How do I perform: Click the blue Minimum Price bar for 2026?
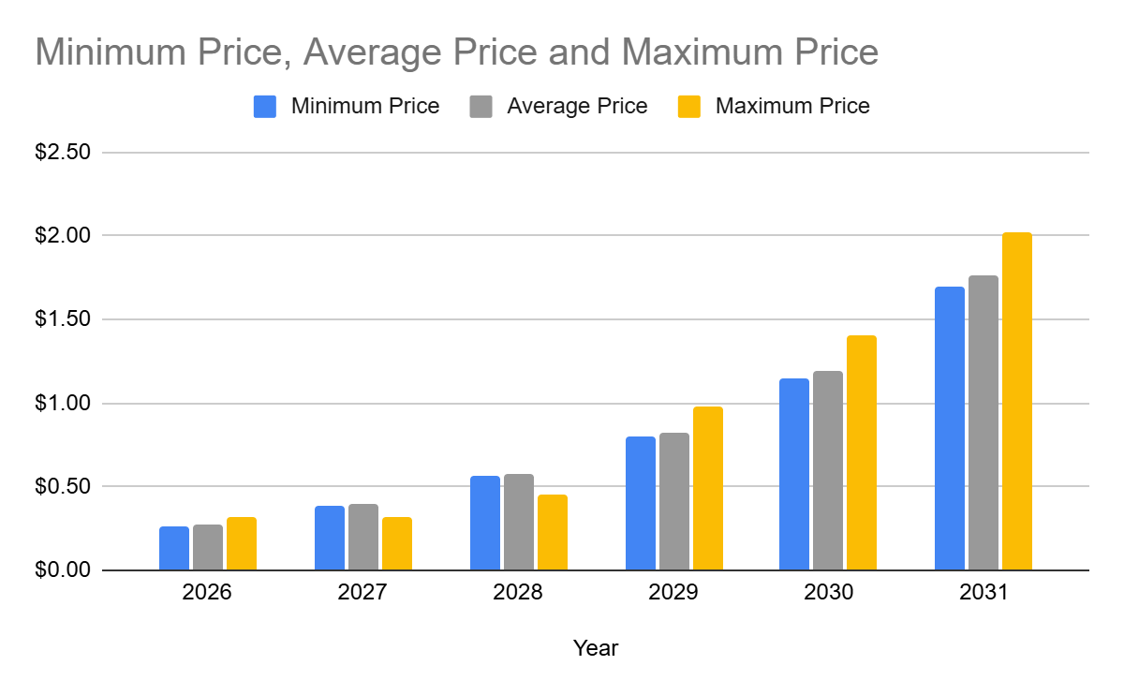coord(174,549)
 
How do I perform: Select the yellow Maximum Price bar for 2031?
coord(1016,402)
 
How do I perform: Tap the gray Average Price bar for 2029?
coord(674,502)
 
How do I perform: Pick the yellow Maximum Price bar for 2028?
coord(553,533)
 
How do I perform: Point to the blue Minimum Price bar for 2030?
coord(794,475)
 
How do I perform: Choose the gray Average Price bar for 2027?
coord(363,538)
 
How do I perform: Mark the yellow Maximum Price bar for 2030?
coord(862,453)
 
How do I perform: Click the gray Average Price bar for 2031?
coord(983,423)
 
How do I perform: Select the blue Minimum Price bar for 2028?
coord(485,524)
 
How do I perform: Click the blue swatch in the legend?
coord(265,107)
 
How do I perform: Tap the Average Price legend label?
coord(577,107)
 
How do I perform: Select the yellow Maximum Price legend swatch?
coord(689,107)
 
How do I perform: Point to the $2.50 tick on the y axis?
coord(62,152)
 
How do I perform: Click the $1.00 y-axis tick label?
coord(62,404)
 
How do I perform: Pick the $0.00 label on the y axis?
coord(62,570)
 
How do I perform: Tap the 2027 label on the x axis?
coord(363,594)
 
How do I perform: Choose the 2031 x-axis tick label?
coord(983,594)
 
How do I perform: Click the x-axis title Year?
coord(596,648)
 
